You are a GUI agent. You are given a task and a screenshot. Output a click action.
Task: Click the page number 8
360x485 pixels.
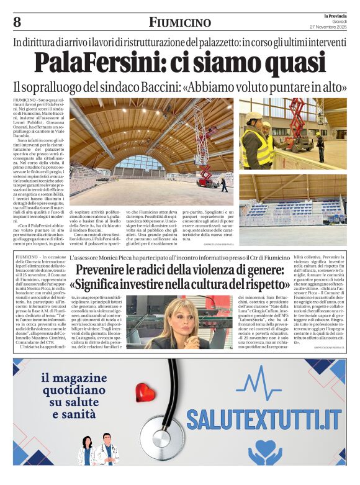[17, 22]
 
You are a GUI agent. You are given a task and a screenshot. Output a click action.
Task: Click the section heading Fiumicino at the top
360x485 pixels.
[179, 22]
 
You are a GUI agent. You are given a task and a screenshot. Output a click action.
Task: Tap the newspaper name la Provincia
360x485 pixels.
[335, 15]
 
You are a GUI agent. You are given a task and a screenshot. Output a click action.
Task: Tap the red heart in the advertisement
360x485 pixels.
[146, 392]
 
